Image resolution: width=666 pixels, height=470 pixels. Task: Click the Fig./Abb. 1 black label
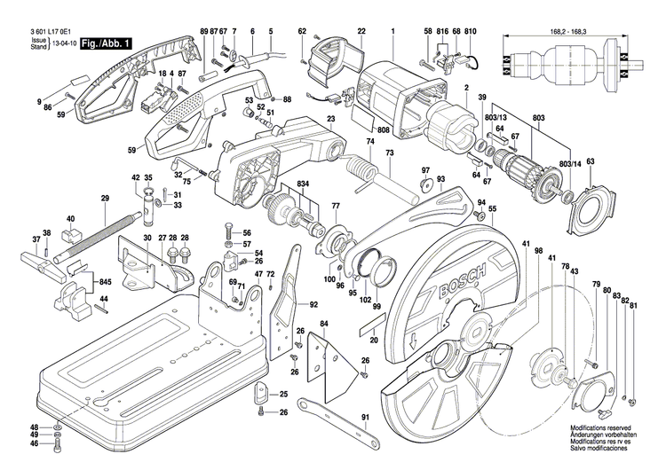[105, 43]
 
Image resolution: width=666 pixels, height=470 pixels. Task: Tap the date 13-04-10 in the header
[63, 43]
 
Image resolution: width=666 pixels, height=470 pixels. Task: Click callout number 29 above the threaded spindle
[104, 198]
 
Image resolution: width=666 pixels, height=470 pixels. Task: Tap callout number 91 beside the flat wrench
[364, 417]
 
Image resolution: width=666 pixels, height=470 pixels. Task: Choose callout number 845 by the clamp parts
[106, 282]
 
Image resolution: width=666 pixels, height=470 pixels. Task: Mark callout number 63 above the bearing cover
[590, 161]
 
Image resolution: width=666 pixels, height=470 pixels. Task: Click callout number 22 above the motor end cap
[361, 33]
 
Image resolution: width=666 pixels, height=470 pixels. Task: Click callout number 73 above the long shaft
[389, 153]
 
